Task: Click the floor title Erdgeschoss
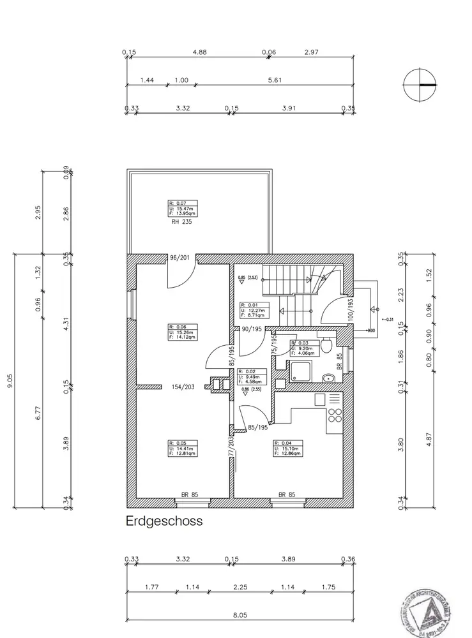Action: pyautogui.click(x=164, y=521)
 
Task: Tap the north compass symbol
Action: pyautogui.click(x=420, y=84)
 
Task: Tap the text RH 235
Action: pyautogui.click(x=181, y=223)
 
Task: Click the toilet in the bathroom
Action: pyautogui.click(x=326, y=346)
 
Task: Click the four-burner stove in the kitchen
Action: pyautogui.click(x=335, y=416)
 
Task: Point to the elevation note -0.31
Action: pyautogui.click(x=388, y=320)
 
